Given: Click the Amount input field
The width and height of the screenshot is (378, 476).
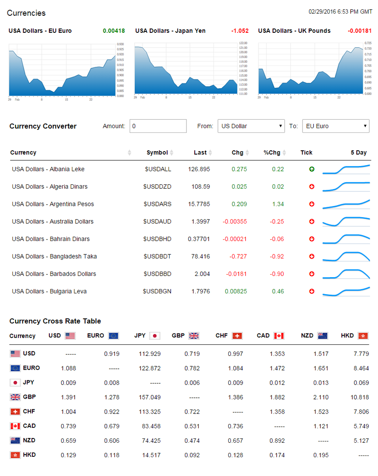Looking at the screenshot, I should tap(158, 126).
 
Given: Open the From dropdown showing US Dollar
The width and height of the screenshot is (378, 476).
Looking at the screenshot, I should tap(251, 126).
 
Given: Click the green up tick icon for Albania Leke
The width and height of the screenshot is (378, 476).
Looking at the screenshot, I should tap(312, 169).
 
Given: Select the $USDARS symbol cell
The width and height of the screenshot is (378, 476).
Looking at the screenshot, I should tap(157, 204).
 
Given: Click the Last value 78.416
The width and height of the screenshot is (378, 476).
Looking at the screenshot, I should tap(200, 257).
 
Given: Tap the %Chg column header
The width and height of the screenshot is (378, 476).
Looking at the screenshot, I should tap(272, 153).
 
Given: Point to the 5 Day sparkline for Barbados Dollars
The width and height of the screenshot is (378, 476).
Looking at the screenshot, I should tap(346, 274).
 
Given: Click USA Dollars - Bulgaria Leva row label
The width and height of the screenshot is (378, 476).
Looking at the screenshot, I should tap(49, 292).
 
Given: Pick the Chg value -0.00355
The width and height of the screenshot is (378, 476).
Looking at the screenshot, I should tap(235, 222).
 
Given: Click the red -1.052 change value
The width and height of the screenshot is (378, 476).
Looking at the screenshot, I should tap(240, 31).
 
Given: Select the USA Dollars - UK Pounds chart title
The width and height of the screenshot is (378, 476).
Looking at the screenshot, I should tap(294, 31).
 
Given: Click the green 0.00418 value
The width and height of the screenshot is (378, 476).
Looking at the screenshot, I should tap(114, 31).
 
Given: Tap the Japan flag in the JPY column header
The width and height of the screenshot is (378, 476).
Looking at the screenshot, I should tap(155, 336).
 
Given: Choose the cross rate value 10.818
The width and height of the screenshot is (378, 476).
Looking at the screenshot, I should tap(360, 397).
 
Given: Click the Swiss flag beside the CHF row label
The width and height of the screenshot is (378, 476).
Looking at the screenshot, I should tap(15, 411).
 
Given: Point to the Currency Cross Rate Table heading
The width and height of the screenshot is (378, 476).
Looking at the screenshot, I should tap(55, 321).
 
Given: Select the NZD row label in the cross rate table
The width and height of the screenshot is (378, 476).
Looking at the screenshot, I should tap(29, 440).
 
